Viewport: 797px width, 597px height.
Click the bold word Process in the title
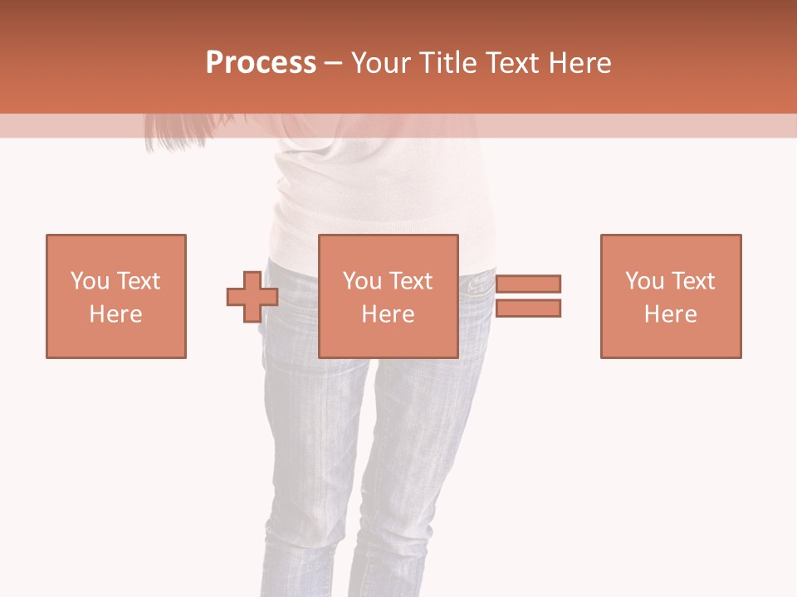261,63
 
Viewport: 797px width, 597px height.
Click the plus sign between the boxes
252,297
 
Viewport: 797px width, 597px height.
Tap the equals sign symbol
529,296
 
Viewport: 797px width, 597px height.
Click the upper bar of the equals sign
529,284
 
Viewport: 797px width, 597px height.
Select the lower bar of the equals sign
529,308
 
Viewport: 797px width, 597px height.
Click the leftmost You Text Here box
116,296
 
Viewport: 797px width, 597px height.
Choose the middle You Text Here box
389,296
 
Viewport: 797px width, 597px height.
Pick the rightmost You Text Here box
671,296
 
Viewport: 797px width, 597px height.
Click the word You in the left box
90,281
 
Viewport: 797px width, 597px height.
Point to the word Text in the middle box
411,281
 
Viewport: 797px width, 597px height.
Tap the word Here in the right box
671,314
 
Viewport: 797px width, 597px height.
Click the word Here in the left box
116,314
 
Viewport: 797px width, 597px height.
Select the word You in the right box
644,281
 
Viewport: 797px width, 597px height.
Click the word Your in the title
382,63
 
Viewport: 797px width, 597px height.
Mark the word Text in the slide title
513,63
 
